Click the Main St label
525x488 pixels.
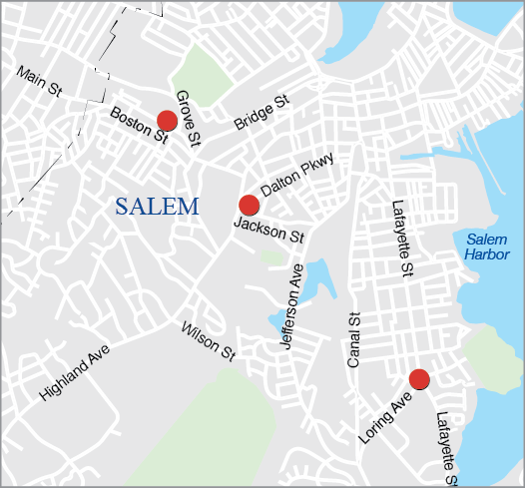tap(40, 81)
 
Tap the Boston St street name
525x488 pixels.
tap(138, 124)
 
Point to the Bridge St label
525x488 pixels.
tap(261, 111)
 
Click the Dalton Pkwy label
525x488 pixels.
tap(296, 174)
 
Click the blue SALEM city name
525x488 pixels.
tap(157, 207)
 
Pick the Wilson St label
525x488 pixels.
tap(208, 340)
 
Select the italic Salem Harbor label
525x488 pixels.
tap(487, 246)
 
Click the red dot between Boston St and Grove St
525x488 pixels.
tap(168, 121)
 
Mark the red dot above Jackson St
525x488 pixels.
tap(250, 205)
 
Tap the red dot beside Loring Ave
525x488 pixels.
tap(419, 378)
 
